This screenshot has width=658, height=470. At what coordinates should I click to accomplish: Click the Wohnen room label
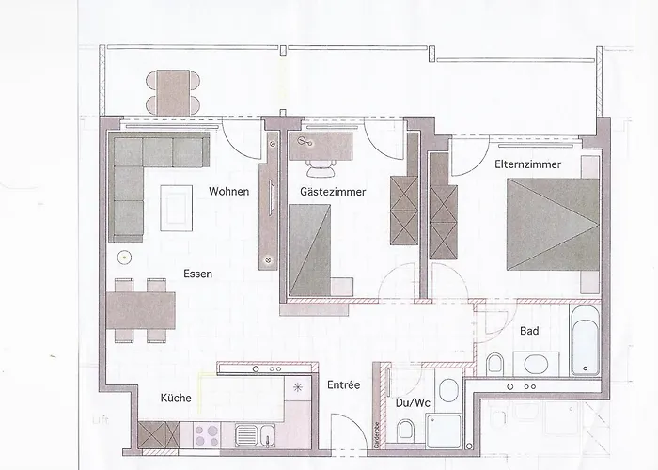coord(229,192)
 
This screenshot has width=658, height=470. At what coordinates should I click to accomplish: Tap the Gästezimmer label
coord(333,192)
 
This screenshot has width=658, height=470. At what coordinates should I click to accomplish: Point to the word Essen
coord(198,274)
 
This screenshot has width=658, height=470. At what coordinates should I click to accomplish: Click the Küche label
coord(176,398)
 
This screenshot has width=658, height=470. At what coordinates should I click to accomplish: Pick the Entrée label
coord(342,385)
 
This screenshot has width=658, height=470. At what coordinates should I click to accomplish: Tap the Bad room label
coord(528,331)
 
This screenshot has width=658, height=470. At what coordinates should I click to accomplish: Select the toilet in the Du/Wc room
coord(407,431)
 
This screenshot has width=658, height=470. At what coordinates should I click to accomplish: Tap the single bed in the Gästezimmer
coord(312,248)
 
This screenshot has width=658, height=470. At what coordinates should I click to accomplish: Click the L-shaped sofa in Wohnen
coord(141,174)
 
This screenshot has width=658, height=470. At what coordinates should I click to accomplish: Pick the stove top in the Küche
coord(206,434)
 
